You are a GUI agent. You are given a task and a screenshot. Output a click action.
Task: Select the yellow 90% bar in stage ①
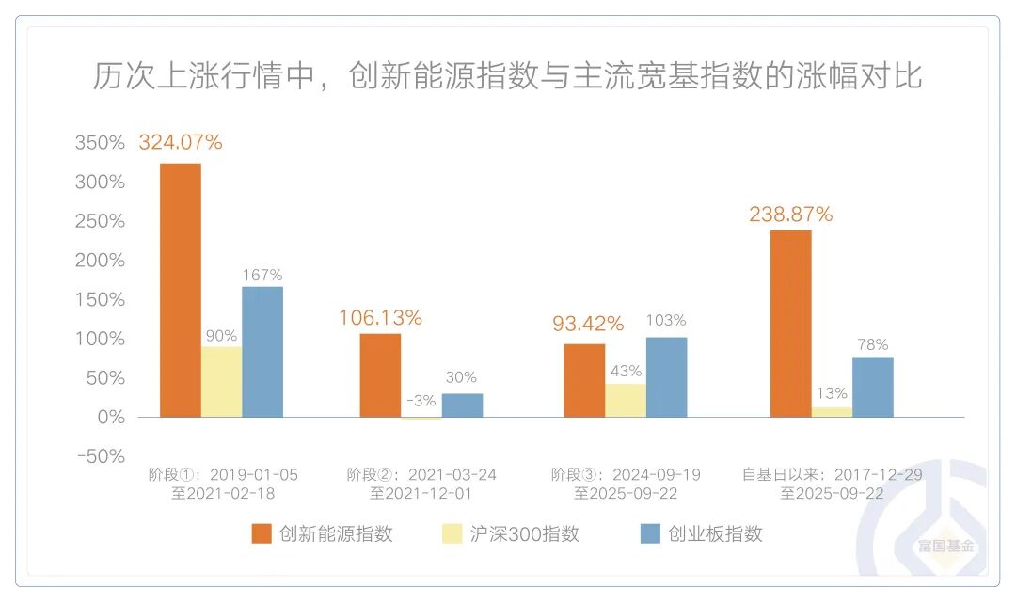tap(221, 382)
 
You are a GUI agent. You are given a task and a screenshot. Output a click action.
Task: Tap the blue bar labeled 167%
tap(262, 352)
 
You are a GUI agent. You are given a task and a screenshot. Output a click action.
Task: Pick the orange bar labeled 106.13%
tap(380, 375)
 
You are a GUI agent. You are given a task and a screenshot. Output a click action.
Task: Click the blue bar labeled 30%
tap(462, 405)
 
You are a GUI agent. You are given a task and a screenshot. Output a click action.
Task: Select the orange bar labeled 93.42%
tap(584, 380)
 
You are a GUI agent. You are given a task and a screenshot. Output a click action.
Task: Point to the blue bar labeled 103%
tap(666, 376)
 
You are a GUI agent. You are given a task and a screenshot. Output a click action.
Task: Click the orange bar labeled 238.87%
tap(790, 324)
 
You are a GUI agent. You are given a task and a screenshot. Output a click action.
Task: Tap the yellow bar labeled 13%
tap(832, 412)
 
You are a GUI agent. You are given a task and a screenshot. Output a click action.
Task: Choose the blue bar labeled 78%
tap(872, 387)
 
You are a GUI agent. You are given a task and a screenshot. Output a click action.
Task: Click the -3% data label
tap(421, 401)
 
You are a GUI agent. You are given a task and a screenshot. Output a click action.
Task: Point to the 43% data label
tap(626, 371)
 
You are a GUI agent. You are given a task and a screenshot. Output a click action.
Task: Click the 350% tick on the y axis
tap(100, 143)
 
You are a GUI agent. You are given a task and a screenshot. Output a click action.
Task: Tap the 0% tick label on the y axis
tap(110, 417)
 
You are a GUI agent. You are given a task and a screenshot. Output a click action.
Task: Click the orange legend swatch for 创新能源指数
tap(262, 534)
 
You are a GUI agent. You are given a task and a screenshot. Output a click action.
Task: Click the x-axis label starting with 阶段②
tap(421, 484)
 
